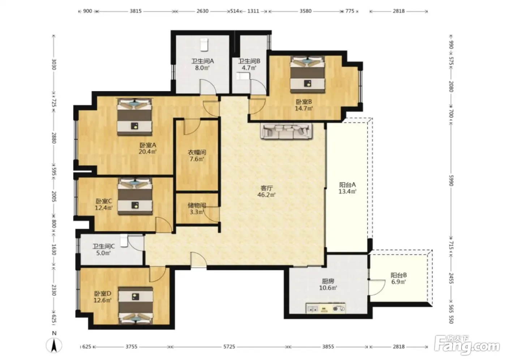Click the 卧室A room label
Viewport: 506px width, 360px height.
(x=148, y=145)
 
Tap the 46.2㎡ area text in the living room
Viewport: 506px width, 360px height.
(x=267, y=195)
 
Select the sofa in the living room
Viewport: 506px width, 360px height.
(x=286, y=131)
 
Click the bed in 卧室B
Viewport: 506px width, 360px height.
(x=307, y=74)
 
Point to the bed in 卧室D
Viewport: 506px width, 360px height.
(x=136, y=305)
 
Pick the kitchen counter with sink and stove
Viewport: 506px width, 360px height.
(x=326, y=308)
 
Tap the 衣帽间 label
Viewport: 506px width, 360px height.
(x=197, y=153)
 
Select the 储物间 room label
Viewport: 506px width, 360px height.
(x=197, y=205)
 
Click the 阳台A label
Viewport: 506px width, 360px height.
(x=347, y=185)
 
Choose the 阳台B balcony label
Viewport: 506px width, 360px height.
(x=399, y=275)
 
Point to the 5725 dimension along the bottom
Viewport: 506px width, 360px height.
(x=229, y=347)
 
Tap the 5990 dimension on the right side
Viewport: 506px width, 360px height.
(x=451, y=180)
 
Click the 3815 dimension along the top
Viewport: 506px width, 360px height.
(x=136, y=11)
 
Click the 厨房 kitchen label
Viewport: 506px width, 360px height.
(x=328, y=281)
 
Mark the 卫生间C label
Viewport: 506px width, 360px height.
(x=104, y=247)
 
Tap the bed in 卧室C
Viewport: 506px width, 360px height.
(x=135, y=196)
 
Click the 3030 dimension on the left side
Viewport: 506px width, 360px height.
(x=54, y=64)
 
